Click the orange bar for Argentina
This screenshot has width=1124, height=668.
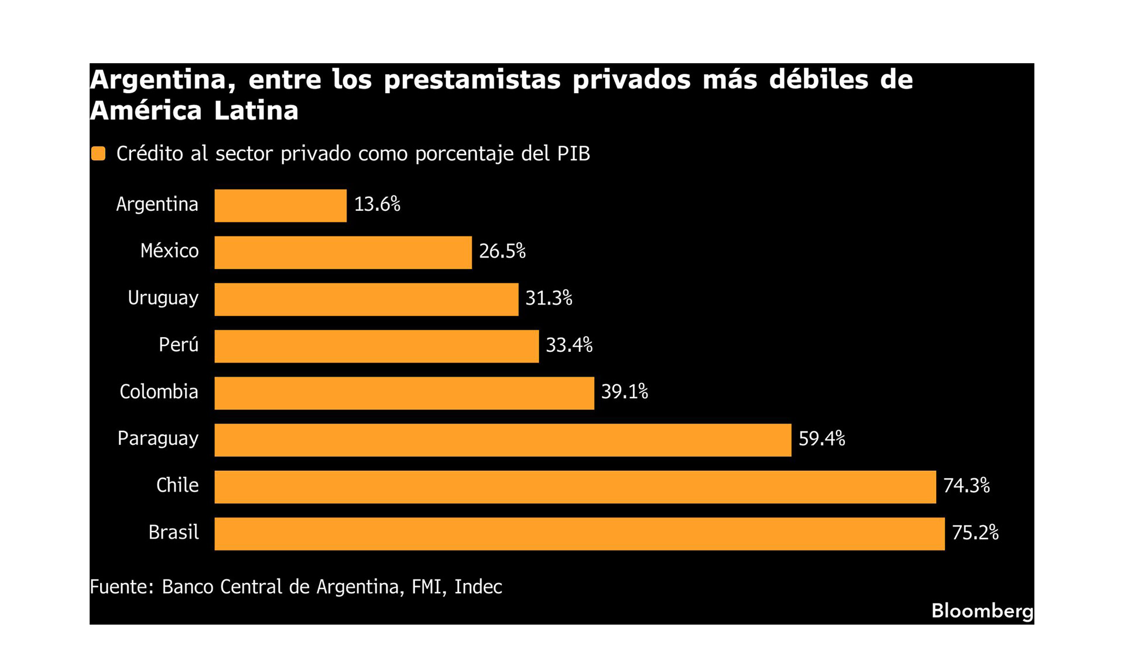click(x=280, y=205)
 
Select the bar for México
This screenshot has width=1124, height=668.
click(x=343, y=252)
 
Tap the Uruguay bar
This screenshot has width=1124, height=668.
click(x=366, y=299)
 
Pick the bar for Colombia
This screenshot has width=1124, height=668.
click(x=404, y=393)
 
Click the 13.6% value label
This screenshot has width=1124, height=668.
click(x=377, y=204)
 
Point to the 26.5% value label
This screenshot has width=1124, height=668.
click(x=502, y=251)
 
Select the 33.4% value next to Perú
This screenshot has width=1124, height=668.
click(x=569, y=345)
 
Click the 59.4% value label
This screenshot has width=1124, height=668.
click(x=821, y=439)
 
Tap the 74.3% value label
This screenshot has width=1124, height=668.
click(x=967, y=485)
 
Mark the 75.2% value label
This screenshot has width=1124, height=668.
click(x=975, y=532)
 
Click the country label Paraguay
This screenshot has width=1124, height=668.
click(x=158, y=439)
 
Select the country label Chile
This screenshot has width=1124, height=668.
click(x=177, y=485)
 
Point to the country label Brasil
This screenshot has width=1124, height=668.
click(x=173, y=532)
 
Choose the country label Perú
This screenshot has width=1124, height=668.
click(x=179, y=344)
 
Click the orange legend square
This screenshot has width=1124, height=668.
click(x=98, y=153)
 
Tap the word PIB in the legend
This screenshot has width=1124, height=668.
click(x=573, y=153)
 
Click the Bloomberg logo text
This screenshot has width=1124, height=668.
click(x=982, y=611)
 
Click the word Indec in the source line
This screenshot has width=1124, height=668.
click(x=478, y=587)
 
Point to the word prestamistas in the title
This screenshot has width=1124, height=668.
click(x=472, y=80)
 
